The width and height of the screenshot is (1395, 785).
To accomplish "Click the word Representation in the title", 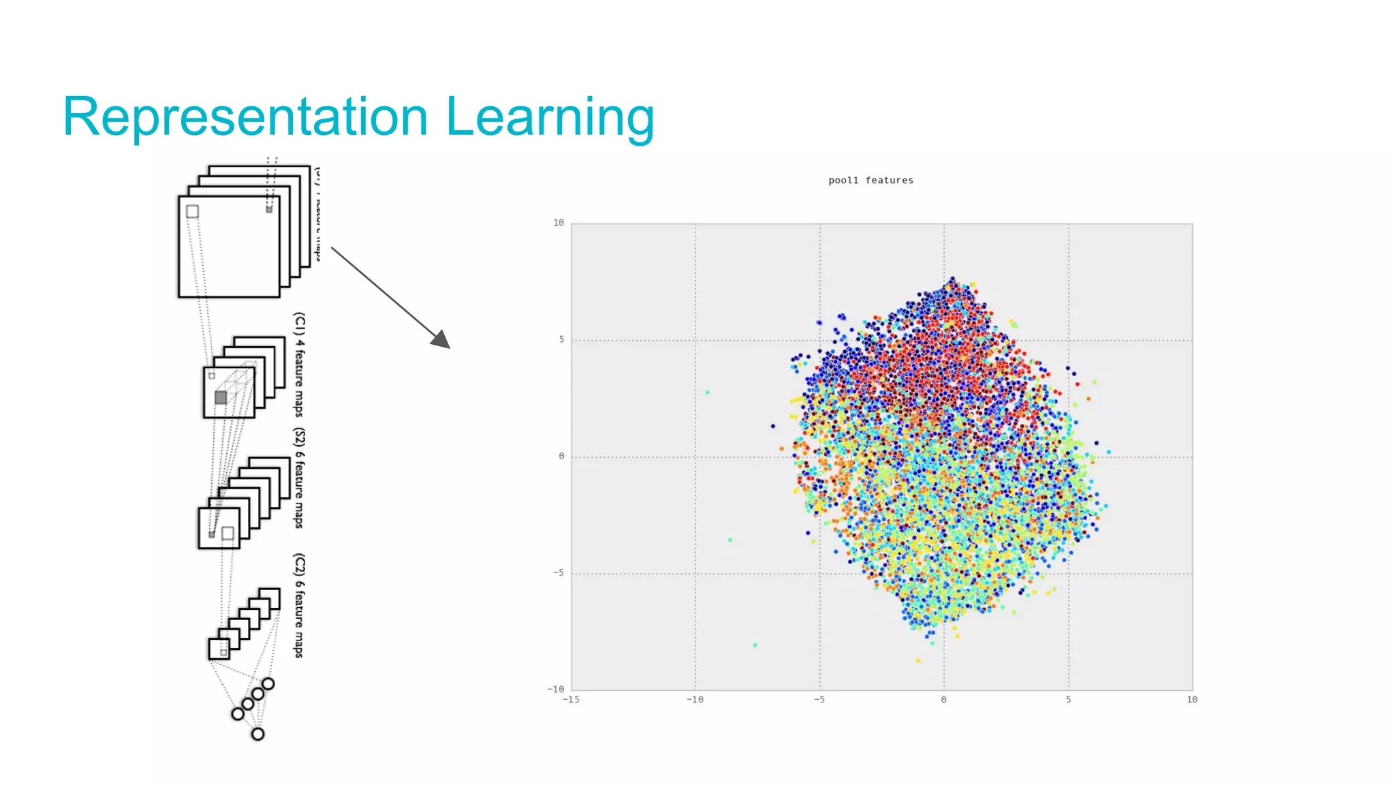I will [245, 117].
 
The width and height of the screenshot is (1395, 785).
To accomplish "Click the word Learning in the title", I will [550, 117].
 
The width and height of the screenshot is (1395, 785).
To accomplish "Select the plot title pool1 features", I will [871, 181].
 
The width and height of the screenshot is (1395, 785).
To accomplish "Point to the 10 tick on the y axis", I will [559, 223].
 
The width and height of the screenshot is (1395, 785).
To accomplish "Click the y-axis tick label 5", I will [561, 339].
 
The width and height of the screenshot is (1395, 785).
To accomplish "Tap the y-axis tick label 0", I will [561, 456].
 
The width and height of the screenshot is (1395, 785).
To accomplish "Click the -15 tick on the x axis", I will [571, 700].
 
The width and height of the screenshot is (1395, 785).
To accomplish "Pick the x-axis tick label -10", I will [695, 700].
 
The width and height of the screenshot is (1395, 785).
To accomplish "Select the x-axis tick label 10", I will [1191, 700].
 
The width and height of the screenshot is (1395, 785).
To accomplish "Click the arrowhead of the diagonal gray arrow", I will [442, 340].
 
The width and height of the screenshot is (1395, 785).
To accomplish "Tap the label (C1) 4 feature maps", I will [298, 365].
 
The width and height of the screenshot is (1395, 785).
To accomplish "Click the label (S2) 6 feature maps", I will [298, 478].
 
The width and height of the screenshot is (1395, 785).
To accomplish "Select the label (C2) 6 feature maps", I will [298, 606].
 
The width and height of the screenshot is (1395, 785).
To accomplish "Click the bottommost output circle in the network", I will [257, 734].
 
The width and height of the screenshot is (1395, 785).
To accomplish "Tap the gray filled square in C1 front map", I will [221, 397].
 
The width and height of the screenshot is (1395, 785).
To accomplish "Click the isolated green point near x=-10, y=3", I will [707, 392].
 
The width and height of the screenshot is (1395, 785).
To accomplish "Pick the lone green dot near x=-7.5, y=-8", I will [755, 645].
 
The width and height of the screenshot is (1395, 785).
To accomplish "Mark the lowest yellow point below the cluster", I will [918, 660].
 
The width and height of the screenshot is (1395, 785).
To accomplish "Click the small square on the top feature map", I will [193, 212].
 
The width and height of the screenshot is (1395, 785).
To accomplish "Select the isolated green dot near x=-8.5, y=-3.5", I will [730, 540].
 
